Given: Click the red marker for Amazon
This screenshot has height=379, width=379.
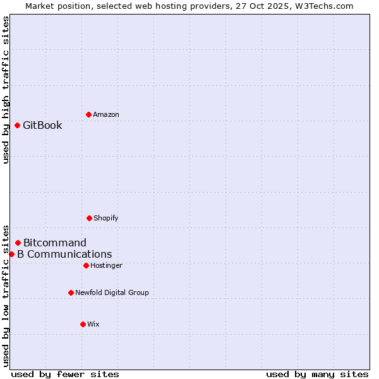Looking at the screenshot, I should (88, 114).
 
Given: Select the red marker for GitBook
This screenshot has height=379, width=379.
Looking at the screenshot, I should (17, 125).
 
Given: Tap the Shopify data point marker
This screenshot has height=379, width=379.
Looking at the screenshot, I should (89, 218).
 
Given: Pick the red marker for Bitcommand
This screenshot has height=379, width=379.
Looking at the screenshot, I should (18, 243).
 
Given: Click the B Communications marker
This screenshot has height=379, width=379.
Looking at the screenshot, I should (11, 254).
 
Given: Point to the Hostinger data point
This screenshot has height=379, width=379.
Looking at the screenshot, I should (86, 265).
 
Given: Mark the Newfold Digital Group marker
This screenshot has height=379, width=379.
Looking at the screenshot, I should (71, 292).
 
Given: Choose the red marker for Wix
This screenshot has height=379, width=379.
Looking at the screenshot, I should (83, 324).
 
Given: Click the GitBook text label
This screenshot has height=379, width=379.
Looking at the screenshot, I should (42, 125).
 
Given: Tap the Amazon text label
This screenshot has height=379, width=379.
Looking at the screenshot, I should (105, 114).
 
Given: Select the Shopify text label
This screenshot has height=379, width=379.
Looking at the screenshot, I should (105, 218).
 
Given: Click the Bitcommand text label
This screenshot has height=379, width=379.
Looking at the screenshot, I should (55, 243).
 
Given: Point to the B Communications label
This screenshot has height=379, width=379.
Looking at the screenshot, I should (64, 254).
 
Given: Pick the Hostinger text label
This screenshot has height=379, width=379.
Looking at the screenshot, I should (106, 265).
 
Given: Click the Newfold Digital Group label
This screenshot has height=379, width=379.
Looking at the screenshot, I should (112, 292).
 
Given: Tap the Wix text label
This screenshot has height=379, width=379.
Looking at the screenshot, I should (93, 324).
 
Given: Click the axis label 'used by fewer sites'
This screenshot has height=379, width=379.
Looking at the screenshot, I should (65, 374).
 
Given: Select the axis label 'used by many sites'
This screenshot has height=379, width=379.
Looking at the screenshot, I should (317, 374).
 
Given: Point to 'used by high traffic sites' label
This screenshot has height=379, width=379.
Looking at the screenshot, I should (6, 90).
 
